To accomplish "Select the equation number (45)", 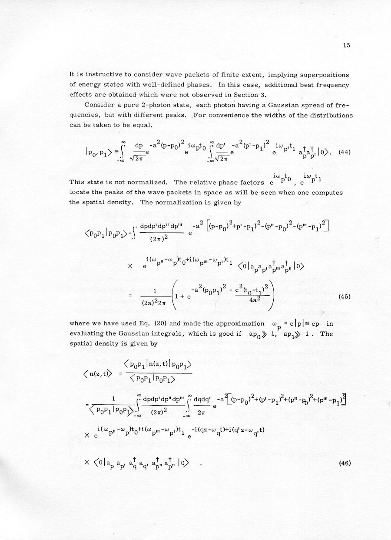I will [344, 296].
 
